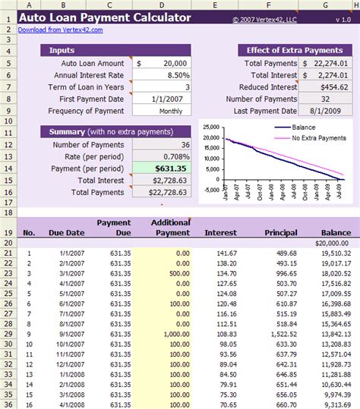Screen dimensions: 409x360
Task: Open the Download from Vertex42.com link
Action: tap(61, 30)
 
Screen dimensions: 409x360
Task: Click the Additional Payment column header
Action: tap(170, 227)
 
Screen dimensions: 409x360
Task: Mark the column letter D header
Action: tap(163, 5)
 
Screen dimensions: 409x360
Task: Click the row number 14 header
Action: tap(8, 168)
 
